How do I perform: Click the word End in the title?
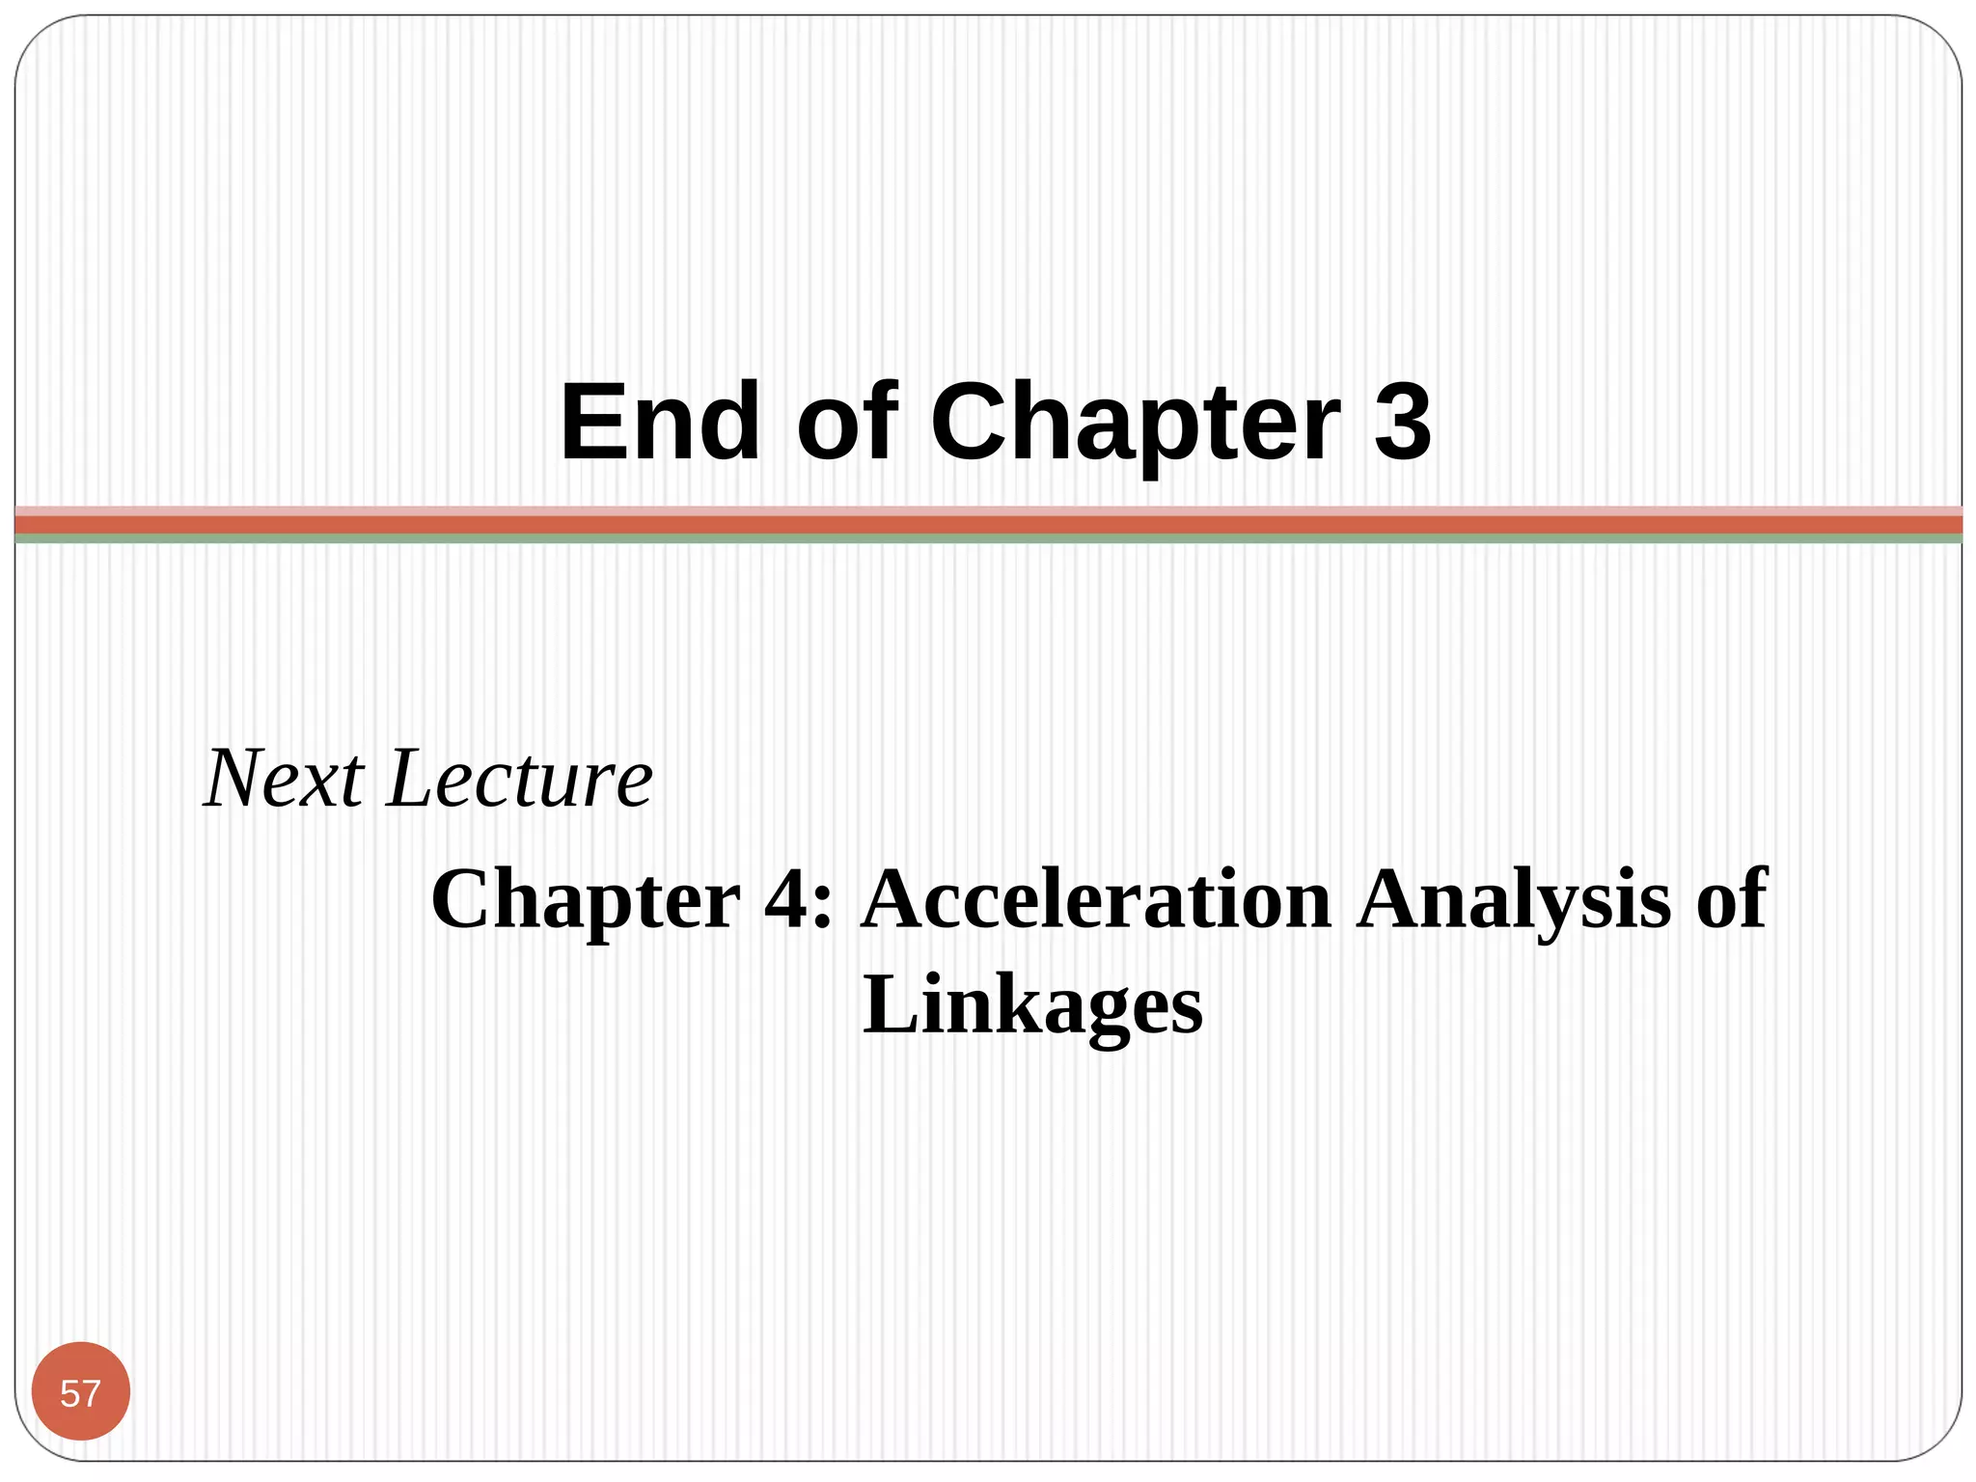[x=660, y=423]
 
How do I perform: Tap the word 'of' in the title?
[x=847, y=423]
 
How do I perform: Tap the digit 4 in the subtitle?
[x=787, y=899]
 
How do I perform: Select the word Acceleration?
[x=1096, y=899]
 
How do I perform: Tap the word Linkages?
[x=1032, y=1007]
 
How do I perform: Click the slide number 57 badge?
[x=81, y=1392]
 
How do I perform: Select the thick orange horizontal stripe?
[x=988, y=525]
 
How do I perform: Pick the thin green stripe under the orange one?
[x=988, y=539]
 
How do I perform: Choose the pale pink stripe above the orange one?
[x=988, y=510]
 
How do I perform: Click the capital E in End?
[x=591, y=423]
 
